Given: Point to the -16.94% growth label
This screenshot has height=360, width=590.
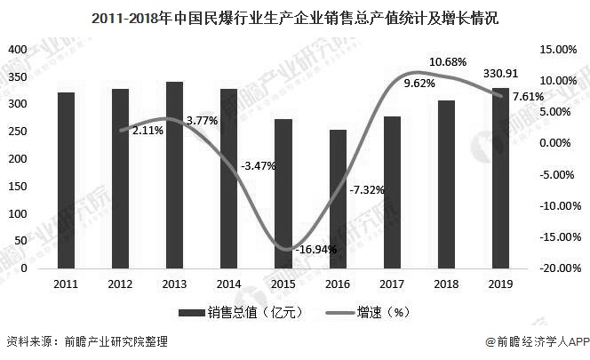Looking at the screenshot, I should (316, 250).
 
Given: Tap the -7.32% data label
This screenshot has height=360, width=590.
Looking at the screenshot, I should (366, 189).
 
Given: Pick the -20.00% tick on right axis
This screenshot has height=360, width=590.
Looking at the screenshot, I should (556, 268).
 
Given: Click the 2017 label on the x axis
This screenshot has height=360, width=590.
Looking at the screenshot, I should (392, 283).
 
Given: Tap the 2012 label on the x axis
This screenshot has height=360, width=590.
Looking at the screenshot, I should (120, 283).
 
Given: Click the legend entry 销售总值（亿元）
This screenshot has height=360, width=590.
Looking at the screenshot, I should (241, 312).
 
